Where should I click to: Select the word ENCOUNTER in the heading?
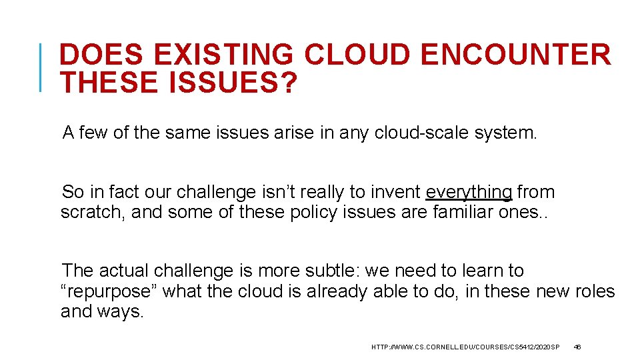516,55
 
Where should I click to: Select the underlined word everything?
469,193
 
